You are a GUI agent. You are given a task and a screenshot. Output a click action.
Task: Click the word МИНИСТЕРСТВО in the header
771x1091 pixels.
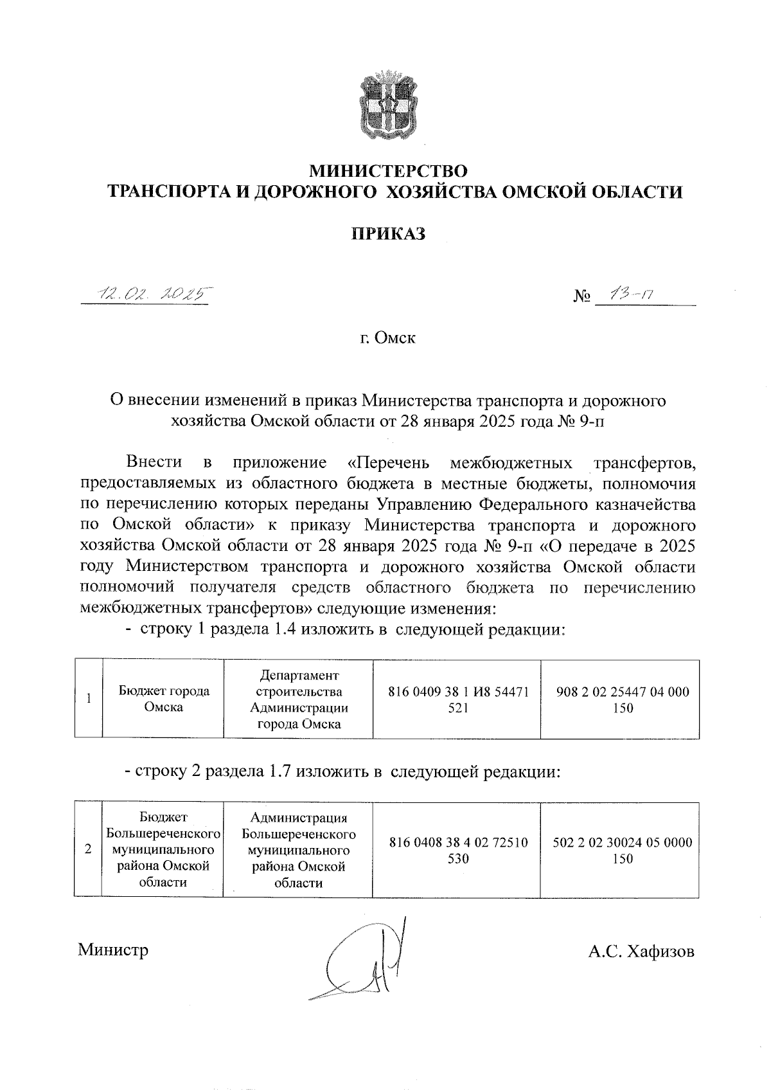pos(389,172)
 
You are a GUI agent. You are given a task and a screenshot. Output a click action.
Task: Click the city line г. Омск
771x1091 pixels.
pos(387,338)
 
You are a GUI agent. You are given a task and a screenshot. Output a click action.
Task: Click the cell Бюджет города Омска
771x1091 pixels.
pos(164,699)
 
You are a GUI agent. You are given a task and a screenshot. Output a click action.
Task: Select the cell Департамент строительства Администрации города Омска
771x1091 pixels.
pos(299,699)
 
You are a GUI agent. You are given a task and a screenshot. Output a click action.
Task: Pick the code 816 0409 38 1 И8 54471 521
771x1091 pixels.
pos(458,699)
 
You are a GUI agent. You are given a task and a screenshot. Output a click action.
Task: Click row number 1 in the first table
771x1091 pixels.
pos(89,699)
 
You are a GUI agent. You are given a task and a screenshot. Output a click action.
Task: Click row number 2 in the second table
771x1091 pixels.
pos(88,849)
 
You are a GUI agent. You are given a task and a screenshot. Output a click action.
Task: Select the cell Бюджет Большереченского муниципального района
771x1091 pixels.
pos(163,849)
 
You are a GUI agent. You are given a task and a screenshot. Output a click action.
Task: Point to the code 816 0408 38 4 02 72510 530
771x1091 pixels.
pos(458,849)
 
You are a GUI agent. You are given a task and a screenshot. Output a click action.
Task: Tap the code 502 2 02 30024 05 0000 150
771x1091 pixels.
pos(623,849)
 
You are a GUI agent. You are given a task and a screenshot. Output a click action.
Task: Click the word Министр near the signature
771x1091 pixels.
pos(113,950)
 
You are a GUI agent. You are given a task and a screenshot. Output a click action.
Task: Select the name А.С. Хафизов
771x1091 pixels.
pos(641,951)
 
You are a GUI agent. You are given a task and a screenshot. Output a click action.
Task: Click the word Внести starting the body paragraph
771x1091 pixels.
pos(154,462)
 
